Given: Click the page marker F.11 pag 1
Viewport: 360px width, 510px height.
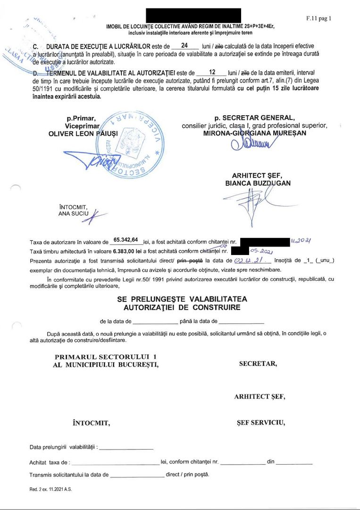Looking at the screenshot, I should (318, 19).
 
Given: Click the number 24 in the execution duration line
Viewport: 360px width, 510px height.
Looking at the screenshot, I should (184, 46).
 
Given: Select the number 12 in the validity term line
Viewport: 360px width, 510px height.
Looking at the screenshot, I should (212, 73).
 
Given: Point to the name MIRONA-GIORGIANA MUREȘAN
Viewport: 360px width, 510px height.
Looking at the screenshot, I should (254, 133).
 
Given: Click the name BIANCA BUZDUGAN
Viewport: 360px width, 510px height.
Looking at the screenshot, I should (258, 183).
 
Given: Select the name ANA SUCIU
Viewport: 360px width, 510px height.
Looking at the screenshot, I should (71, 213).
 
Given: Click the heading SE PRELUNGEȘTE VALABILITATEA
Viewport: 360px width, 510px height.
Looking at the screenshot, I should (182, 299).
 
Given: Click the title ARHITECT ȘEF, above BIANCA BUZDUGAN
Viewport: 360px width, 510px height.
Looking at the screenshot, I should (257, 176).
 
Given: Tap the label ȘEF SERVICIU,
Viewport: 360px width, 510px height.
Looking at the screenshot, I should (260, 422).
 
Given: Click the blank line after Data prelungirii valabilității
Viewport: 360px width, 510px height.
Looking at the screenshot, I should (126, 447).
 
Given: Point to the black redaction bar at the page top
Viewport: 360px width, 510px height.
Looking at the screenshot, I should (193, 15).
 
